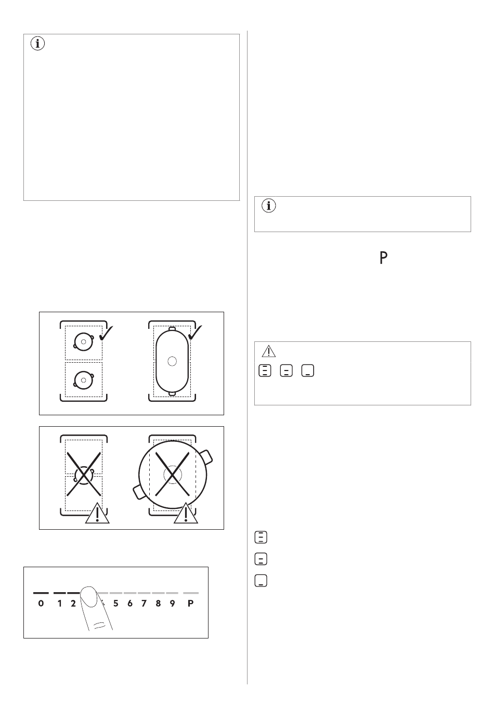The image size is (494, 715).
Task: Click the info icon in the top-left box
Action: tap(37, 43)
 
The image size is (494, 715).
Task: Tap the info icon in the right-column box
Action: tap(268, 206)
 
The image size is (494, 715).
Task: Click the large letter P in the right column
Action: tap(383, 258)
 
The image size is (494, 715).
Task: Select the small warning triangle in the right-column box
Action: tap(268, 351)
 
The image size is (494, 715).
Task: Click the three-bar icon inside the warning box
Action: tap(265, 371)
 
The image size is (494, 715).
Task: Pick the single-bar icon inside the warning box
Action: tap(308, 371)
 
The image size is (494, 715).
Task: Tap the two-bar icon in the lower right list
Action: tap(261, 559)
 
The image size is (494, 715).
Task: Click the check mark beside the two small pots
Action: tap(106, 333)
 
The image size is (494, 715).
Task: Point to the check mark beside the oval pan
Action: tap(195, 333)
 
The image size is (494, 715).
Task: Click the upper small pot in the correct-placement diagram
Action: tap(84, 342)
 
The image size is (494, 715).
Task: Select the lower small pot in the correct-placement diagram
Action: tap(84, 380)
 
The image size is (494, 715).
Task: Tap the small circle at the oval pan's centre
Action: tap(172, 361)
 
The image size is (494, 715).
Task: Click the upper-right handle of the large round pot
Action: tap(206, 457)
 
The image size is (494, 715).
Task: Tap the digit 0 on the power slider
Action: tap(41, 603)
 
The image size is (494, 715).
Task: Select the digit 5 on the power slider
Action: tap(116, 603)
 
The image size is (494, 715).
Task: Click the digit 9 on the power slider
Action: tap(172, 603)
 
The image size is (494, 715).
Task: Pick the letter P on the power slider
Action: tap(191, 603)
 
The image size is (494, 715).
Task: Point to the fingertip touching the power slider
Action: tap(89, 596)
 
